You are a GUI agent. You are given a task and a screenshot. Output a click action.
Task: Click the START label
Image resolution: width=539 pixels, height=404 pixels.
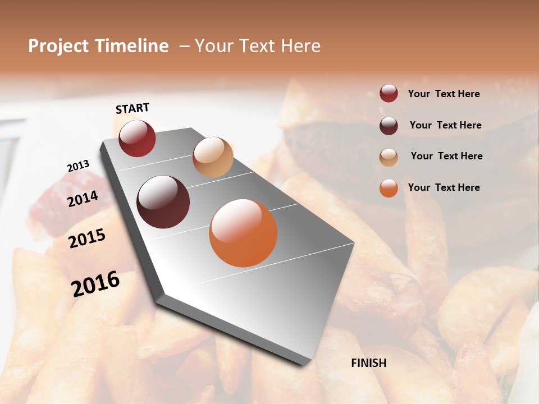pos(133,108)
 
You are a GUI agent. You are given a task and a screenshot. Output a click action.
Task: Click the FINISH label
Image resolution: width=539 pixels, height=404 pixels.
pos(368,363)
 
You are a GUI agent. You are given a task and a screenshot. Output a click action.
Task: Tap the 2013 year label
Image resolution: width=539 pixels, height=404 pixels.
pos(78,166)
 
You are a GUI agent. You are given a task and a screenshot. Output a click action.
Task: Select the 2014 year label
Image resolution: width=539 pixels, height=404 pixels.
pos(83,199)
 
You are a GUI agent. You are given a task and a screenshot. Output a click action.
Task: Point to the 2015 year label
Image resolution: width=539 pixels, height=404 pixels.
pos(87,238)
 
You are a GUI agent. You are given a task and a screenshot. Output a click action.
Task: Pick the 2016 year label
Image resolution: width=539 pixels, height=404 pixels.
pos(95,283)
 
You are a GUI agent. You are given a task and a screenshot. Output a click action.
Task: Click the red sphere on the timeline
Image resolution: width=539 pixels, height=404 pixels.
pos(137,138)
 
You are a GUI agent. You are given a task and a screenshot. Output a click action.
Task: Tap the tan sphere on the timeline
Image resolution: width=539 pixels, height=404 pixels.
pos(213,157)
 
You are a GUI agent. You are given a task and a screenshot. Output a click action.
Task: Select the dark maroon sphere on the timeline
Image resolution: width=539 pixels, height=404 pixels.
pos(163,202)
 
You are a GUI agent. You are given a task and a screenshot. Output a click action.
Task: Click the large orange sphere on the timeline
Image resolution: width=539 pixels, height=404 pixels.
pos(243,233)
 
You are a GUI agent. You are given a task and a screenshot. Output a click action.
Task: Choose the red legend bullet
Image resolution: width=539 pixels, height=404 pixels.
pos(389,94)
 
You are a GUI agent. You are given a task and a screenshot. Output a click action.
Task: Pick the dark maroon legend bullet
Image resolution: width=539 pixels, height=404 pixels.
pos(389,125)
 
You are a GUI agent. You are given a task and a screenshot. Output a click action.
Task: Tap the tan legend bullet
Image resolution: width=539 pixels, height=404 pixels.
pos(389,157)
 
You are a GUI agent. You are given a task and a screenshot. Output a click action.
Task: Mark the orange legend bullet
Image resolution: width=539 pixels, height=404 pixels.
pos(389,188)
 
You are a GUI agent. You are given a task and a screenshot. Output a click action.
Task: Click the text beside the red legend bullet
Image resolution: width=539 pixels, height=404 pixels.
pos(444,94)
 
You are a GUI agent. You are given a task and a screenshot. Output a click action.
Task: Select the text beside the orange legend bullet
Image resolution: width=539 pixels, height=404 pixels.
pos(444,187)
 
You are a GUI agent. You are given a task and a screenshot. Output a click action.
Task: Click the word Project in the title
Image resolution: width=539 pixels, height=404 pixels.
pos(58,46)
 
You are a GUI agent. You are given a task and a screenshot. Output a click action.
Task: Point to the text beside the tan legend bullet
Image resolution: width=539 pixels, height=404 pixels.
pos(446,156)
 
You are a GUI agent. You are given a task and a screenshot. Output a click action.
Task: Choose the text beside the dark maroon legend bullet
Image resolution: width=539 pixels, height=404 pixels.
pos(445,125)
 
